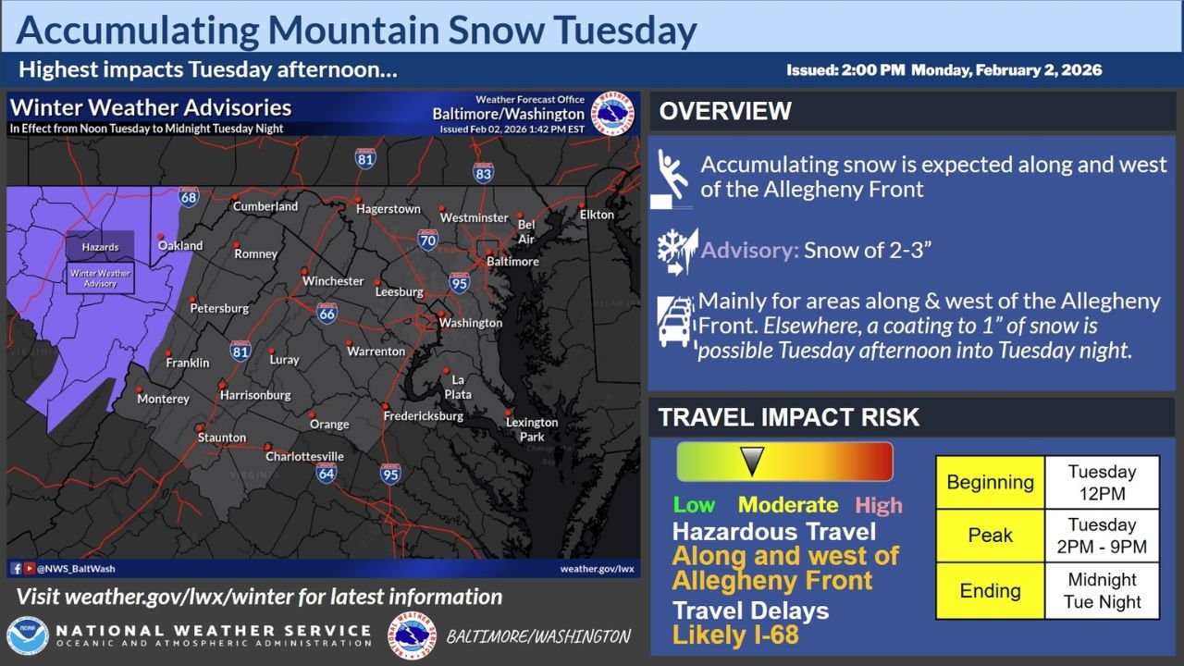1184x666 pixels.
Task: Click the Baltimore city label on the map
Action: tap(512, 262)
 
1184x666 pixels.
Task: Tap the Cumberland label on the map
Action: tap(265, 206)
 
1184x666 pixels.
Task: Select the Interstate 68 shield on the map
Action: tap(189, 196)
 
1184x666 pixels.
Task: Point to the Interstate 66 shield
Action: tap(327, 313)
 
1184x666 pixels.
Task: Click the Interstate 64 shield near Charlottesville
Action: tap(325, 474)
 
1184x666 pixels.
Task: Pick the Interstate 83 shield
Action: tap(483, 172)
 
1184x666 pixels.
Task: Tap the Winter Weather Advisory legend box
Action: tap(101, 278)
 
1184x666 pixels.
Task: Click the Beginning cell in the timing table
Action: tap(990, 482)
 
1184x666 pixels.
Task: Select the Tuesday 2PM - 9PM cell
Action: tap(1102, 536)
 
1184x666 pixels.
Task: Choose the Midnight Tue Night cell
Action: tap(1102, 591)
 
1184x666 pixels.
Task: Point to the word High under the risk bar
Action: tap(878, 505)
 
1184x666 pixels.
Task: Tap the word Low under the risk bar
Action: tap(694, 505)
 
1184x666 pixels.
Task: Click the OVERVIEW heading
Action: tap(725, 112)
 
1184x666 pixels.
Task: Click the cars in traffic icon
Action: tap(675, 321)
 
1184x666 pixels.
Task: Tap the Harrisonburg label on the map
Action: tap(255, 395)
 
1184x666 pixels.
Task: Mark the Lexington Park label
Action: tap(532, 429)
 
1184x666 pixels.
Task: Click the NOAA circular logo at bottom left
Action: tap(28, 636)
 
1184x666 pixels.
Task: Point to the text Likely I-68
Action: tap(735, 635)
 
